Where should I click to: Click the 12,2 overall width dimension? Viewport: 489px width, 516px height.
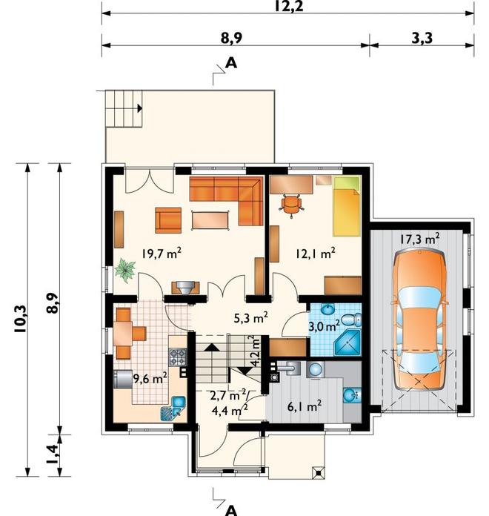pyautogui.click(x=288, y=6)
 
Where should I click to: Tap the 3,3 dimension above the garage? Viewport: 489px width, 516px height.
pyautogui.click(x=422, y=38)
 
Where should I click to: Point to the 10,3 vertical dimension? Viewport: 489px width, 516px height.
pyautogui.click(x=20, y=319)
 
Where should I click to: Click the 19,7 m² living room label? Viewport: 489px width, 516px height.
pyautogui.click(x=162, y=253)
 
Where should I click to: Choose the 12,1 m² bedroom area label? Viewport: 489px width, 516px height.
pyautogui.click(x=316, y=254)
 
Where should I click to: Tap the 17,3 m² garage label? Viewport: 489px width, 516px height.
pyautogui.click(x=420, y=239)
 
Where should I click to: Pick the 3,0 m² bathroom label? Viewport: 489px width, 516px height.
pyautogui.click(x=324, y=326)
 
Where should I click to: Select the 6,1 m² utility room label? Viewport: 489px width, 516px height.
pyautogui.click(x=305, y=407)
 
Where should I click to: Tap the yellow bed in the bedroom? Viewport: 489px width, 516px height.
pyautogui.click(x=347, y=206)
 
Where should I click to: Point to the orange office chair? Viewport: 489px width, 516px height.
pyautogui.click(x=291, y=205)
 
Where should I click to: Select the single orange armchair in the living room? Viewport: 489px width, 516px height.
pyautogui.click(x=168, y=220)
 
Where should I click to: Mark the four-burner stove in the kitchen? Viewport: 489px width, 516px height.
pyautogui.click(x=178, y=357)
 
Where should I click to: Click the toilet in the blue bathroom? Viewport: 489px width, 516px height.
pyautogui.click(x=351, y=320)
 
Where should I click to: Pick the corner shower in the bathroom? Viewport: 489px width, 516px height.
pyautogui.click(x=347, y=343)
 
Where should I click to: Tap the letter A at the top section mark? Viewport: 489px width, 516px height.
pyautogui.click(x=231, y=62)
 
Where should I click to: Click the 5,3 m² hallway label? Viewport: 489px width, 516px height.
pyautogui.click(x=250, y=318)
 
